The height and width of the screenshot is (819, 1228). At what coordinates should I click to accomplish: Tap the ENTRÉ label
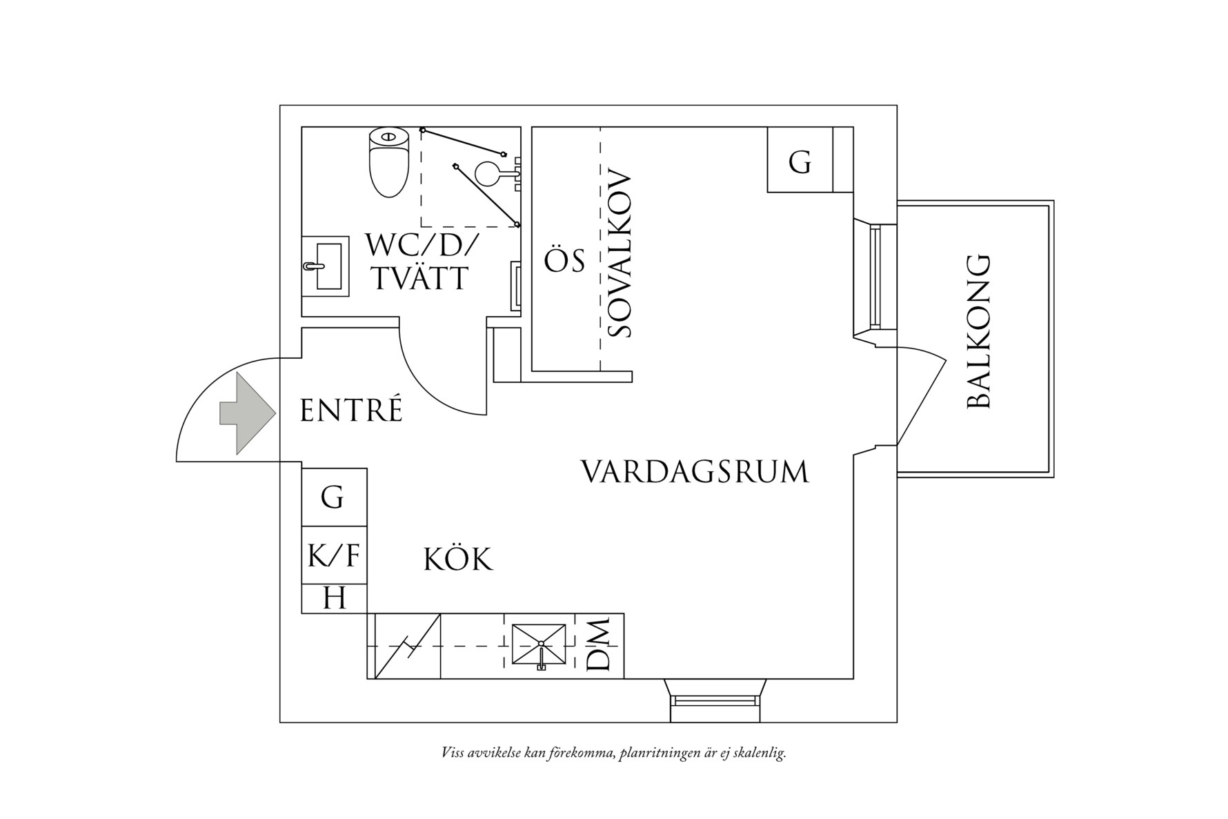(x=351, y=411)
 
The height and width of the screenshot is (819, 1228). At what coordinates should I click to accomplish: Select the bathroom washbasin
(x=326, y=266)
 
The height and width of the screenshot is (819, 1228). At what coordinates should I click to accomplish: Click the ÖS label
(x=564, y=261)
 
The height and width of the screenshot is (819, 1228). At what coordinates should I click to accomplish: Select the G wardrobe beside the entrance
(x=333, y=497)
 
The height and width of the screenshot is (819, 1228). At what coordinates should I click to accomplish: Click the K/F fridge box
(x=334, y=555)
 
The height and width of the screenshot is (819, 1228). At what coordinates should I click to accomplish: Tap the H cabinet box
(x=334, y=598)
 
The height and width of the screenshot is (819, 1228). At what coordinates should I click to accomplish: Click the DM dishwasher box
(x=598, y=645)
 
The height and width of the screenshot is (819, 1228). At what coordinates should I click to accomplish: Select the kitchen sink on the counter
(x=538, y=646)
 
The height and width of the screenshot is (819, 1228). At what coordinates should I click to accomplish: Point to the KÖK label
(x=458, y=560)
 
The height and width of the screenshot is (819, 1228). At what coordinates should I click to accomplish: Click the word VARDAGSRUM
(x=694, y=472)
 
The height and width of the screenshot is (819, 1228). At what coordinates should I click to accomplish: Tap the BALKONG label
(x=978, y=332)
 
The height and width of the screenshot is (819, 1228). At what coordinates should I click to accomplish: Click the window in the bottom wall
(x=715, y=701)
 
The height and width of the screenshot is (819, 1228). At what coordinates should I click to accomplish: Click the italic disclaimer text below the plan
(x=613, y=753)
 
